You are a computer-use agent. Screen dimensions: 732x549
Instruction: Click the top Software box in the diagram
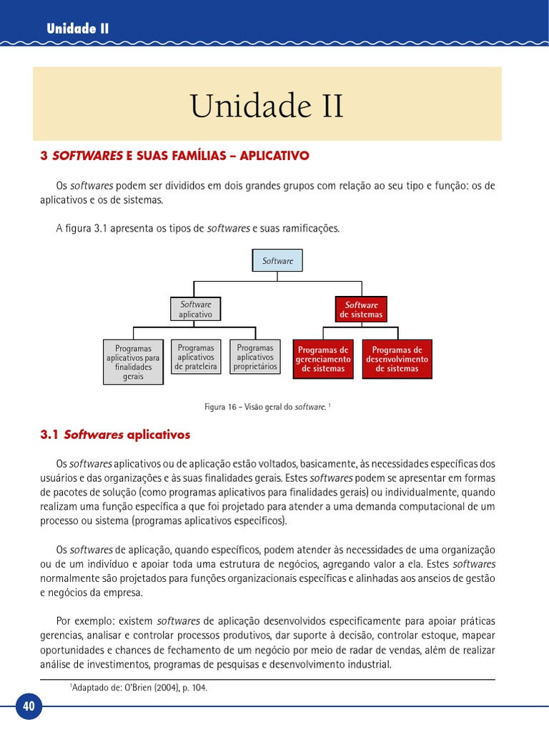click(x=277, y=261)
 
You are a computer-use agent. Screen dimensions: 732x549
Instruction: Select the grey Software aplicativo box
click(x=195, y=309)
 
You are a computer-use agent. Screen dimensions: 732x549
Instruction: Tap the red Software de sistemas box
click(x=361, y=310)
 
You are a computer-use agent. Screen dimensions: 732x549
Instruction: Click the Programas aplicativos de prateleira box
click(x=195, y=357)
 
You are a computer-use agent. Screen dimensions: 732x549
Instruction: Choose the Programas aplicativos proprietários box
click(x=255, y=357)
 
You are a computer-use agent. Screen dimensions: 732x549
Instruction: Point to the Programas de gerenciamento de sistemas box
click(x=323, y=360)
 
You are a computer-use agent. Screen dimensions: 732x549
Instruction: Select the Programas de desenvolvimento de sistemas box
click(x=397, y=360)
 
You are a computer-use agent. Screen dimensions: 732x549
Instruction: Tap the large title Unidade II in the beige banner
click(x=267, y=107)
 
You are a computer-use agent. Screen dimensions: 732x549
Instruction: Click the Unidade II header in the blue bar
click(x=77, y=29)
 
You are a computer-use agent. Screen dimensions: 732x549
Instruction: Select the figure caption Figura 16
click(x=267, y=407)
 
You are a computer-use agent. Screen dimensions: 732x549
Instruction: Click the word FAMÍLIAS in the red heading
click(x=198, y=154)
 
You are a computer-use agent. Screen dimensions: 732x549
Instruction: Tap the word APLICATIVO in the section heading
click(x=274, y=154)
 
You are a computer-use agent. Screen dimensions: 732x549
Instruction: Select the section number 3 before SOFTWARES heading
click(x=44, y=154)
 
